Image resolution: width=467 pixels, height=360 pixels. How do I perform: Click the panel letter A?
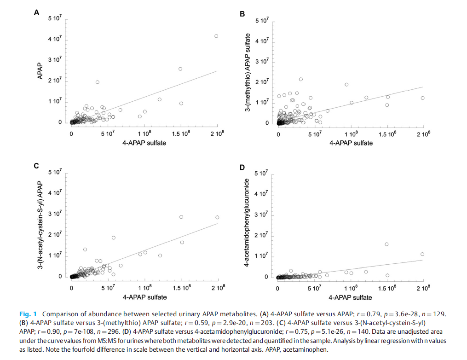click(37, 12)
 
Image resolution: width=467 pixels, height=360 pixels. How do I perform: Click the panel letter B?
click(242, 14)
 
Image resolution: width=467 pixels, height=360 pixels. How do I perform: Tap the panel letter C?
click(37, 166)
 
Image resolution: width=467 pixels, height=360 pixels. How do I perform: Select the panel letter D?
click(242, 167)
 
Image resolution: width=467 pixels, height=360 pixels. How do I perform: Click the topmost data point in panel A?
click(216, 36)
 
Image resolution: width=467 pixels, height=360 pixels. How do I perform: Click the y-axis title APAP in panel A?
click(40, 71)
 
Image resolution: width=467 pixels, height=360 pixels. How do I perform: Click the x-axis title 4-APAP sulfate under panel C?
click(144, 297)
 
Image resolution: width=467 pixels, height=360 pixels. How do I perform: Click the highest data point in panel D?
click(386, 244)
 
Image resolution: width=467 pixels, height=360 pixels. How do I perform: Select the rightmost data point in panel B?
click(422, 98)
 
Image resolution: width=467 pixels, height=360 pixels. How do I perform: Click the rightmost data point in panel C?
click(217, 217)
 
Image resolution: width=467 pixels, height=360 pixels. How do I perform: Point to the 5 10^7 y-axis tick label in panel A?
click(55, 18)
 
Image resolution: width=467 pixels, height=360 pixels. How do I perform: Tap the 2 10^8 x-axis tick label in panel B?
click(423, 134)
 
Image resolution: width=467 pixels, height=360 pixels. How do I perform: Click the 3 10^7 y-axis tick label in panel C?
click(55, 215)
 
